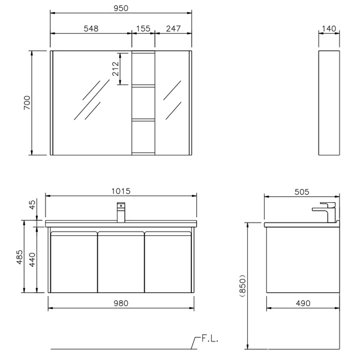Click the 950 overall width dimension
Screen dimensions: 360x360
(121, 8)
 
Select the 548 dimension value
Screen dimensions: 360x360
(91, 29)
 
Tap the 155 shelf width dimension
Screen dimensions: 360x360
(143, 29)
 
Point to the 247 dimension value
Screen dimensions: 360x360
(173, 29)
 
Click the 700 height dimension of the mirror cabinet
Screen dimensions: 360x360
(27, 103)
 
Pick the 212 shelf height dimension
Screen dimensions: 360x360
(115, 68)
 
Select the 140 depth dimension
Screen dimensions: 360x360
(329, 29)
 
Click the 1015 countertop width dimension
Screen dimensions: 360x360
(121, 191)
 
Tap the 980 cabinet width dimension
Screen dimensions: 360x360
(121, 303)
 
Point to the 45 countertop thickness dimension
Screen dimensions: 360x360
(33, 205)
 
